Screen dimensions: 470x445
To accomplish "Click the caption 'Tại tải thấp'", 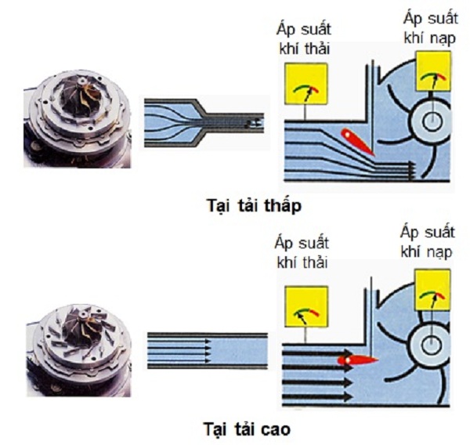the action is (255, 206).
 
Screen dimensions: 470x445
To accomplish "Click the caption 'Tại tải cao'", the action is (248, 429).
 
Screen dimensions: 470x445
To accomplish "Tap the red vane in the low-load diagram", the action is (358, 143).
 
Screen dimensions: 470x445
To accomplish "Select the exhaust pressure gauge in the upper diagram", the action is (305, 84).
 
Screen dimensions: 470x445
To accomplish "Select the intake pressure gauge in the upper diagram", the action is (433, 71).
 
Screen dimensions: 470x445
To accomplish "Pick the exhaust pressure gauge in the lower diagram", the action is (306, 306).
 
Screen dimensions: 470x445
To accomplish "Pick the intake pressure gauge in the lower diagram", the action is (432, 290).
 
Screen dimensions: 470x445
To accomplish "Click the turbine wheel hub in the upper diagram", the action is (432, 121).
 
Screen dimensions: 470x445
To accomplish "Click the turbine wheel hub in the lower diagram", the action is (431, 344).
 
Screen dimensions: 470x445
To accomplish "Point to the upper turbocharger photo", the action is (78, 119).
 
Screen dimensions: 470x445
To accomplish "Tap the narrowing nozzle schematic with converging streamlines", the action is (204, 123).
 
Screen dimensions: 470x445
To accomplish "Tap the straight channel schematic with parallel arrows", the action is (208, 350).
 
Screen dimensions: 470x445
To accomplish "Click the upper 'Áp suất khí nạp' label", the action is (430, 28).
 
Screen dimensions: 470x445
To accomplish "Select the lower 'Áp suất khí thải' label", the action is (302, 252).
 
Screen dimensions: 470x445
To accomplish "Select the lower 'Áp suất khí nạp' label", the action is (428, 241).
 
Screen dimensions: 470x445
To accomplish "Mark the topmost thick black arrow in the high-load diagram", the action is (318, 353).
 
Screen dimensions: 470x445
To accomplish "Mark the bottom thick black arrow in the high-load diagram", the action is (318, 397).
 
